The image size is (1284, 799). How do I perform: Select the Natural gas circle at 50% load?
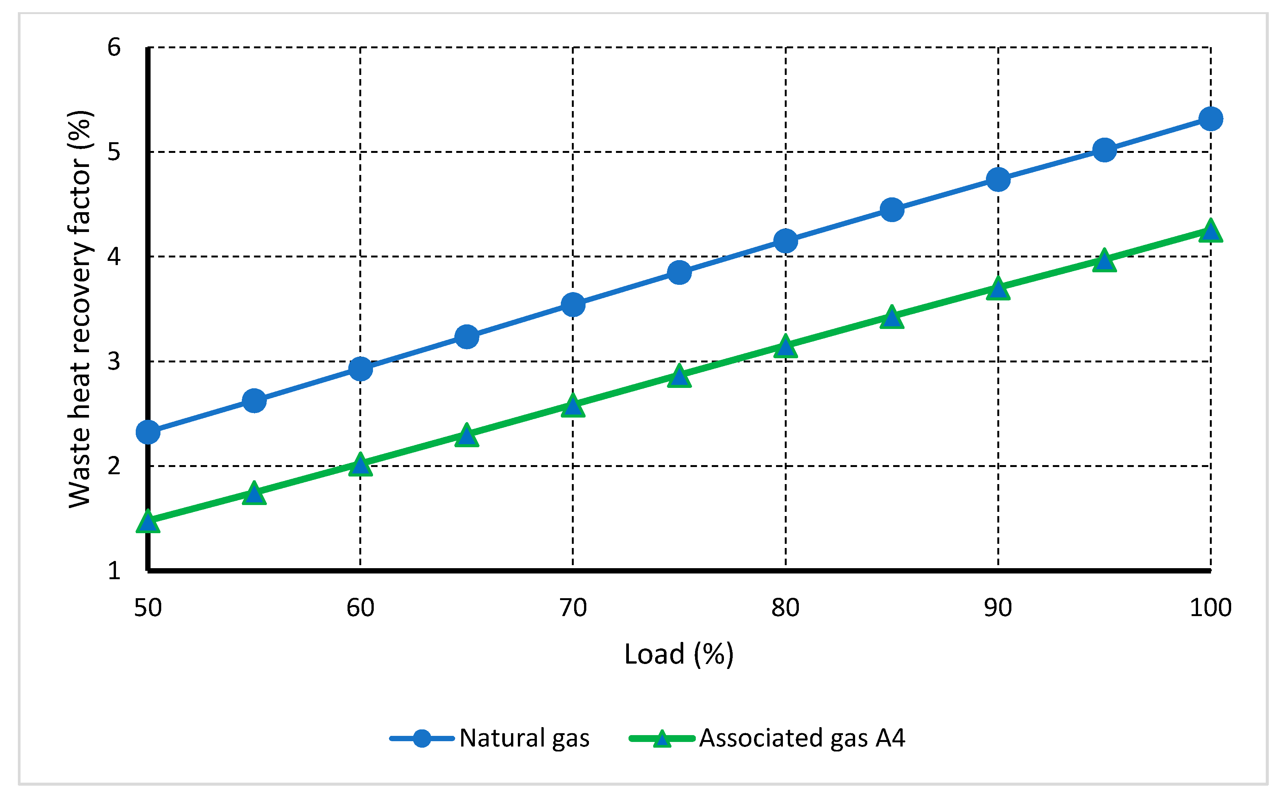pyautogui.click(x=148, y=432)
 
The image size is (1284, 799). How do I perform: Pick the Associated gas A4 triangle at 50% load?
pyautogui.click(x=148, y=521)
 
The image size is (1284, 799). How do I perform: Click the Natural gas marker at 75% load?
pyautogui.click(x=679, y=273)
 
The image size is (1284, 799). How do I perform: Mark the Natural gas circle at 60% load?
pyautogui.click(x=360, y=369)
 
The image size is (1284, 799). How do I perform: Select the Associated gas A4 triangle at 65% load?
pyautogui.click(x=467, y=435)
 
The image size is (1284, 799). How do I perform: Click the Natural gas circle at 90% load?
pyautogui.click(x=998, y=179)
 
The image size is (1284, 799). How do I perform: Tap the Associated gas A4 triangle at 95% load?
pyautogui.click(x=1104, y=261)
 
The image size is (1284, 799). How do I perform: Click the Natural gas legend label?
pyautogui.click(x=524, y=738)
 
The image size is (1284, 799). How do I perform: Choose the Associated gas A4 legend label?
pyautogui.click(x=802, y=738)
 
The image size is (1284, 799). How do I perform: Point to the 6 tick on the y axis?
pyautogui.click(x=114, y=48)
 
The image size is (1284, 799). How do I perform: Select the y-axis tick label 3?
pyautogui.click(x=114, y=361)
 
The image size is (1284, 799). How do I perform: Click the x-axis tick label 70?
pyautogui.click(x=573, y=608)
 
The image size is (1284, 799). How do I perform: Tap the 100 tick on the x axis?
pyautogui.click(x=1210, y=608)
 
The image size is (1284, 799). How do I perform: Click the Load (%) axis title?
pyautogui.click(x=679, y=654)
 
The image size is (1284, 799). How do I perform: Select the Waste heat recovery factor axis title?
pyautogui.click(x=80, y=309)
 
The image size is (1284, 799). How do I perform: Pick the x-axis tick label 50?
pyautogui.click(x=148, y=608)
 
